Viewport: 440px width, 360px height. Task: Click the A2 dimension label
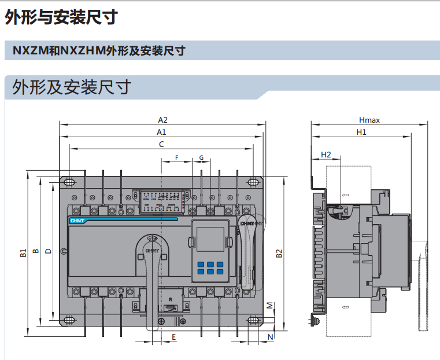[x=163, y=120]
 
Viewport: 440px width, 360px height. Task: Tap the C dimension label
[x=161, y=144]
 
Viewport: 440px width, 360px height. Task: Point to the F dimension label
[x=177, y=157]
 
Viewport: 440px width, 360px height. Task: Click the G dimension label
[x=201, y=157]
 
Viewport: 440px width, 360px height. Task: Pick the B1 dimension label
[x=23, y=252]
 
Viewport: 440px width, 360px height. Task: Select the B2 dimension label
[x=279, y=253]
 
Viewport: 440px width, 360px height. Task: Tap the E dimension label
[x=173, y=336]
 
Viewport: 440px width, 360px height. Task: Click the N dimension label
[x=270, y=336]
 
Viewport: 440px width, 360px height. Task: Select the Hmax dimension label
[x=369, y=120]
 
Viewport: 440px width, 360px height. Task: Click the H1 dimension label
[x=361, y=133]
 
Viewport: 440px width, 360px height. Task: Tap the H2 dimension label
[x=326, y=155]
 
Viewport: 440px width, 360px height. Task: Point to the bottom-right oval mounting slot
[x=253, y=320]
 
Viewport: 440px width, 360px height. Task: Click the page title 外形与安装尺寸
[x=61, y=18]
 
